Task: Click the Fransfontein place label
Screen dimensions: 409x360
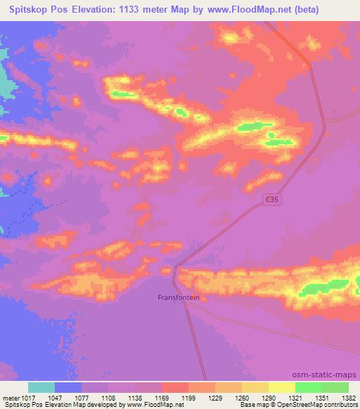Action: [178, 297]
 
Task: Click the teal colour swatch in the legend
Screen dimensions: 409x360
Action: [41, 388]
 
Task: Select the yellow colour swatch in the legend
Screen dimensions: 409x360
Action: [281, 388]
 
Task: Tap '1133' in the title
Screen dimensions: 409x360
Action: [129, 10]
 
